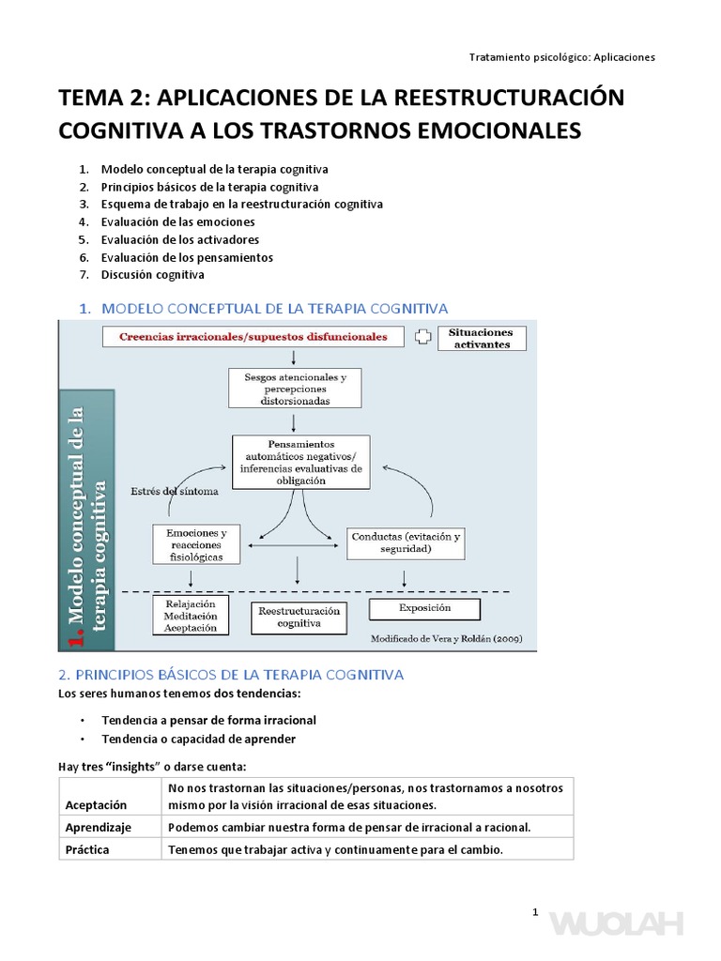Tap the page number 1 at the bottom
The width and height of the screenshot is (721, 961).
[534, 912]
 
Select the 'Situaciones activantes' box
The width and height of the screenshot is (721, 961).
[482, 338]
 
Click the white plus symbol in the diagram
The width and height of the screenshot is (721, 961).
[422, 337]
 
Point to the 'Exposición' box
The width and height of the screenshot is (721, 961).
[424, 608]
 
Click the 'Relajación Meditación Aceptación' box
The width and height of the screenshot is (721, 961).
[191, 616]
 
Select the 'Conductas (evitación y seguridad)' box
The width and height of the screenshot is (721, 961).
[406, 543]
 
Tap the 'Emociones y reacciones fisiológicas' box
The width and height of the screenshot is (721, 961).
[195, 544]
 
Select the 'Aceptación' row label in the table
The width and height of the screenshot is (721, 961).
[97, 805]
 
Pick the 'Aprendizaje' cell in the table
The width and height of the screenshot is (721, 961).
[99, 828]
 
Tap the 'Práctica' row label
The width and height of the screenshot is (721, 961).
[87, 849]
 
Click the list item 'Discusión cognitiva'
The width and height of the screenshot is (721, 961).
[152, 275]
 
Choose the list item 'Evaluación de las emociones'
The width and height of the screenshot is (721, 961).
[177, 221]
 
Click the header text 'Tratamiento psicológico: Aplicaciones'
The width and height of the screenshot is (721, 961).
[561, 56]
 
